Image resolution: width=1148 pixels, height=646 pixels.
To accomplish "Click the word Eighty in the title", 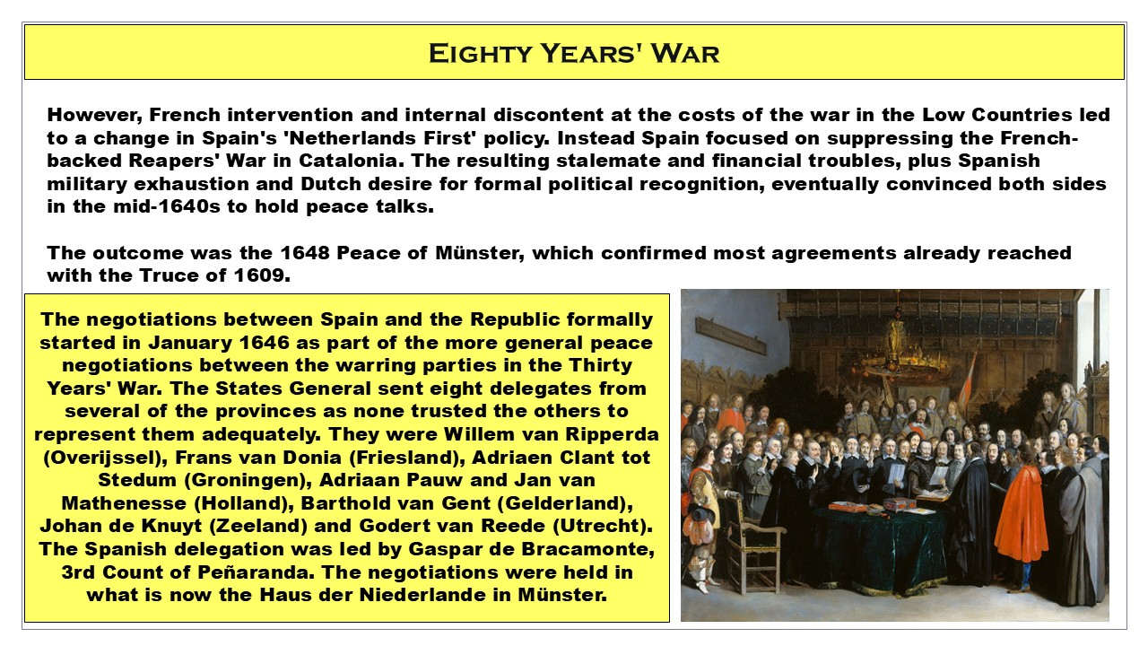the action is [x=480, y=53].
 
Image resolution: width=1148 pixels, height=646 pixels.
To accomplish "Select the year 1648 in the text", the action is [x=304, y=253].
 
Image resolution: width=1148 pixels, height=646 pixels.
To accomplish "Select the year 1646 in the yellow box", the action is [x=264, y=343].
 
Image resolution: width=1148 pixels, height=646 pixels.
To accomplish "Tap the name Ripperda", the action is [x=612, y=434].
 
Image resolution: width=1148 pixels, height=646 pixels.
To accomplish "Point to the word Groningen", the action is [x=245, y=480].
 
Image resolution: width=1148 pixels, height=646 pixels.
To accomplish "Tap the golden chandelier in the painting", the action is [x=897, y=349].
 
